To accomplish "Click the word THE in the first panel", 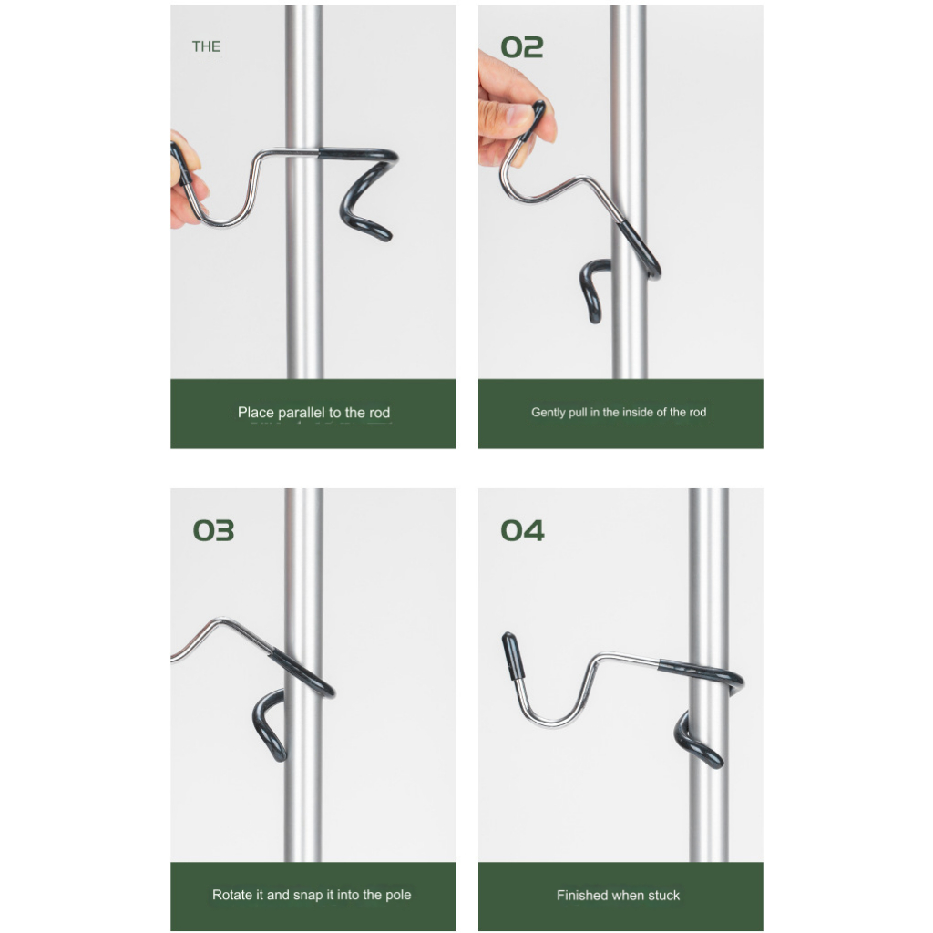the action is coord(206,46).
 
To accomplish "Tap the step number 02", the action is coord(522,47).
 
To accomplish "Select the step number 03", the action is coord(213,530).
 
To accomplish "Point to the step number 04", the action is coord(522,530).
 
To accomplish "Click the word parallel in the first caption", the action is coord(302,413).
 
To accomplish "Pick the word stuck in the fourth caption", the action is coord(663,896).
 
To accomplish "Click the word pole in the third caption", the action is coord(398,896).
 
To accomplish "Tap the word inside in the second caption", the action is coord(637,413).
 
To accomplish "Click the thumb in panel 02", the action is coord(507,113).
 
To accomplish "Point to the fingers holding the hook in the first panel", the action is coord(186,179).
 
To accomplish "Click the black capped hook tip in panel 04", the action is coord(514,656).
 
